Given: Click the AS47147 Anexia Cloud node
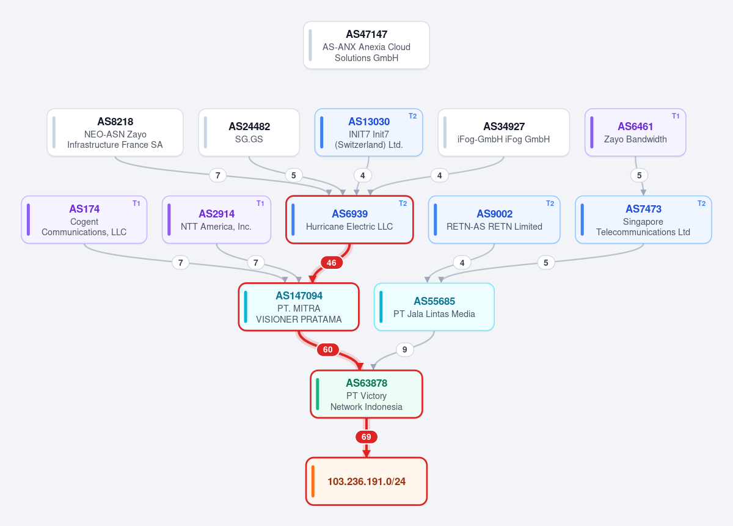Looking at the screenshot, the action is (x=366, y=45).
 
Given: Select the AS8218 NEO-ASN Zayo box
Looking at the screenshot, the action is (x=115, y=132).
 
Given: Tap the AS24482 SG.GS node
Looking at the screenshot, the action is (x=249, y=132).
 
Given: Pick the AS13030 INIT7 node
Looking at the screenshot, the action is (x=369, y=132).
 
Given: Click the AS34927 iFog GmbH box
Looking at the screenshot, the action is (x=503, y=132).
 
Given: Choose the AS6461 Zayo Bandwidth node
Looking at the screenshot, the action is (x=635, y=132).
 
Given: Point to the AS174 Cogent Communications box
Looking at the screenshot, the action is (x=84, y=220).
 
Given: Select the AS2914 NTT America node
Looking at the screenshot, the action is (x=216, y=220).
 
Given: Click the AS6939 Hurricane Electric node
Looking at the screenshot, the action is (x=349, y=220).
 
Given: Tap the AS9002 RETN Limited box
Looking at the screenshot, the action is (x=494, y=220).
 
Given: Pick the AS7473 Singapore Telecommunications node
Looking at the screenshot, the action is (x=643, y=220).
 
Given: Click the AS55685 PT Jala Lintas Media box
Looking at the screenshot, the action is (x=434, y=307).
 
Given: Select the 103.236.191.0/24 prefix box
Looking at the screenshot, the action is (x=366, y=481).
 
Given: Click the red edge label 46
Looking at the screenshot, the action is (x=332, y=263).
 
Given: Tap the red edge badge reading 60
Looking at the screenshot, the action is (x=327, y=349).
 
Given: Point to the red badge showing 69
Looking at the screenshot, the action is (x=366, y=437).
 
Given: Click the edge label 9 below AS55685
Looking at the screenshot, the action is (x=405, y=349).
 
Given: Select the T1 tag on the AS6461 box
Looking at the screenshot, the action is (x=676, y=116).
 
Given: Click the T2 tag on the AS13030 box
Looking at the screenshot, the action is (x=412, y=116).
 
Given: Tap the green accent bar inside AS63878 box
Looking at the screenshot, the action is (x=318, y=394).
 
